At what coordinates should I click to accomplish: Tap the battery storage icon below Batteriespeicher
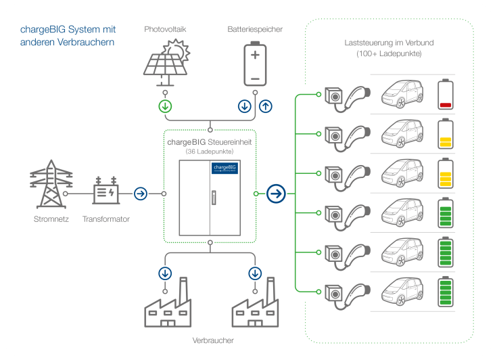pos(255,64)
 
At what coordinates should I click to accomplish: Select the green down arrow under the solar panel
pos(165,106)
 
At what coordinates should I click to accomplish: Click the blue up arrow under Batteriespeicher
pos(265,106)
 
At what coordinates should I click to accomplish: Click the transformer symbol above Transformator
pos(106,193)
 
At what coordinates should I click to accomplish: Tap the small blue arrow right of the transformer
pos(141,194)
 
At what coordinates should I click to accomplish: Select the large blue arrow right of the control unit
pos(276,194)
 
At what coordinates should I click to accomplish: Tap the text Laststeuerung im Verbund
pos(389,43)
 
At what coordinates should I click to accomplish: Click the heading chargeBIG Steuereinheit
pos(210,142)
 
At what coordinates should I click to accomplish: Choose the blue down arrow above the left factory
pos(165,273)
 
